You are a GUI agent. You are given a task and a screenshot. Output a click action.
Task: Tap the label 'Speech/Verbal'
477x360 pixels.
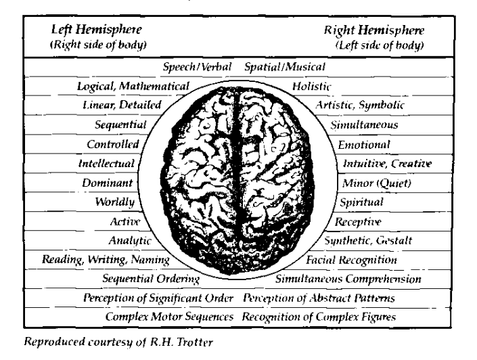click(198, 67)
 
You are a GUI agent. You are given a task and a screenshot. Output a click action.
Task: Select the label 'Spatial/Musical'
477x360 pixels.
click(285, 67)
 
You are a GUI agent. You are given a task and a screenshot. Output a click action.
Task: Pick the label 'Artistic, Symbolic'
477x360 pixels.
click(361, 106)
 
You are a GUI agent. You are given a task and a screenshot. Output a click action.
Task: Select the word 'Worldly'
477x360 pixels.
click(117, 202)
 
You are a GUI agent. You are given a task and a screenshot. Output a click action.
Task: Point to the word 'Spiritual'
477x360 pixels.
click(361, 202)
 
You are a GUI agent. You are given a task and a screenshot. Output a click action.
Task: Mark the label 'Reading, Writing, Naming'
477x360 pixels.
click(105, 260)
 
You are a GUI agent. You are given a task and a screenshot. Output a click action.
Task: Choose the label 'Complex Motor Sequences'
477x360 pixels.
click(170, 316)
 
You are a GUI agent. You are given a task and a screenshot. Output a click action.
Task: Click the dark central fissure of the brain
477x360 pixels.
click(238, 169)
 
